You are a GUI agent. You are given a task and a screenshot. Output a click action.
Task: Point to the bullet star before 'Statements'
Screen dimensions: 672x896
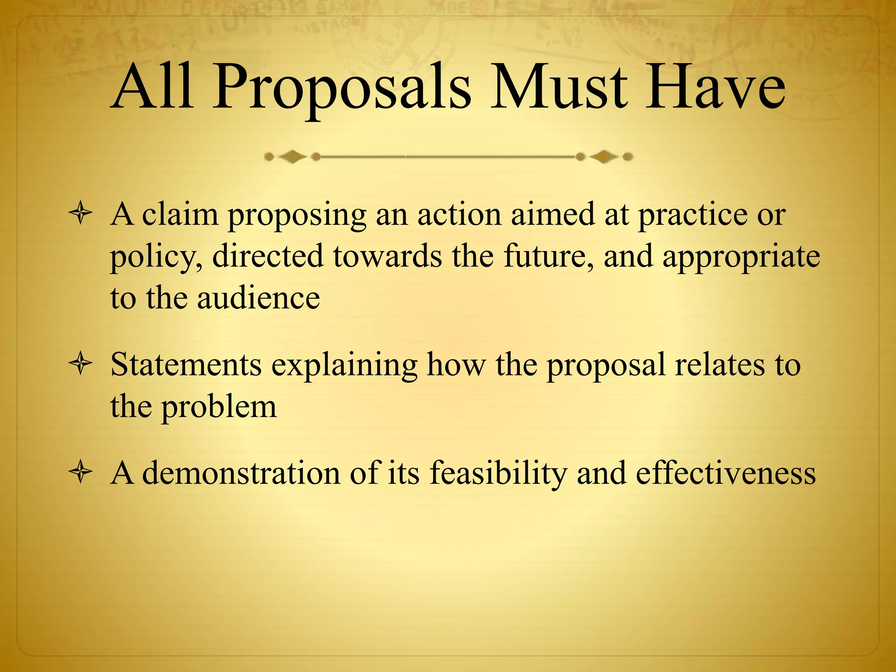pyautogui.click(x=80, y=364)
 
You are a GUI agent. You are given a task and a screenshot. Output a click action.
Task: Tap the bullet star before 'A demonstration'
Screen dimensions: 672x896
pyautogui.click(x=80, y=473)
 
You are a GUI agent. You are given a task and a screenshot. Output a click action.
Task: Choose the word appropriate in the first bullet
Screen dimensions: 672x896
pyautogui.click(x=741, y=257)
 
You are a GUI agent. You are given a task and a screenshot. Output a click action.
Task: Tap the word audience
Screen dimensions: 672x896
pyautogui.click(x=259, y=298)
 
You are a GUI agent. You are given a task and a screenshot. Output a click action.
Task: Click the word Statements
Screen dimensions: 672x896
pyautogui.click(x=186, y=364)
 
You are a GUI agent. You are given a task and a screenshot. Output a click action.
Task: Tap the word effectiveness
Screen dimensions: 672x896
pyautogui.click(x=726, y=473)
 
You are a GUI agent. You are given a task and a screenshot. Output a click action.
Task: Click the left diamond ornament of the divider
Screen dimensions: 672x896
pyautogui.click(x=292, y=157)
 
